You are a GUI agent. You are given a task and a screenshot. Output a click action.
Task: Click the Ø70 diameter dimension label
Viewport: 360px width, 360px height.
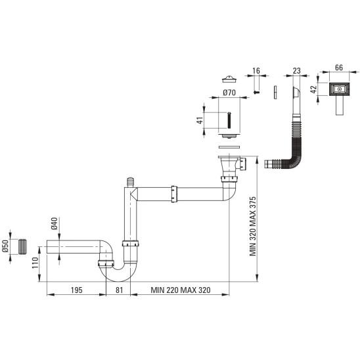(x=229, y=93)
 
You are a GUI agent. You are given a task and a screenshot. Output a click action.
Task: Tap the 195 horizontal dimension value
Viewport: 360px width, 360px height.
(x=76, y=290)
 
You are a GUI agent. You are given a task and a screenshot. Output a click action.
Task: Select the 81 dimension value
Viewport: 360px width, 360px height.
(x=119, y=290)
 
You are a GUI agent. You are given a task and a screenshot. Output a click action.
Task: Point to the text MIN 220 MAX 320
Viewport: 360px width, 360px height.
(x=181, y=290)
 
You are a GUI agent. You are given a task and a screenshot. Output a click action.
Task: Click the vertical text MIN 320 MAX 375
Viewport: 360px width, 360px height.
(x=253, y=226)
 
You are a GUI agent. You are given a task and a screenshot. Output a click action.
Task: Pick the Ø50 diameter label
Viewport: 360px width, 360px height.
(x=5, y=246)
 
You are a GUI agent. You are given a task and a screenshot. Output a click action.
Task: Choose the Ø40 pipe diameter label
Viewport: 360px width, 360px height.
(x=54, y=223)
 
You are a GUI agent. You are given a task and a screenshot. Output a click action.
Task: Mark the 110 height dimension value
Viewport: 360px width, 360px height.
(x=35, y=263)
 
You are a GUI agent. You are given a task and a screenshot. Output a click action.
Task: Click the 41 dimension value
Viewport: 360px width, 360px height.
(x=200, y=120)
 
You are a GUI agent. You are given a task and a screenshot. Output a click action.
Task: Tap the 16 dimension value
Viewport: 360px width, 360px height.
(x=256, y=71)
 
